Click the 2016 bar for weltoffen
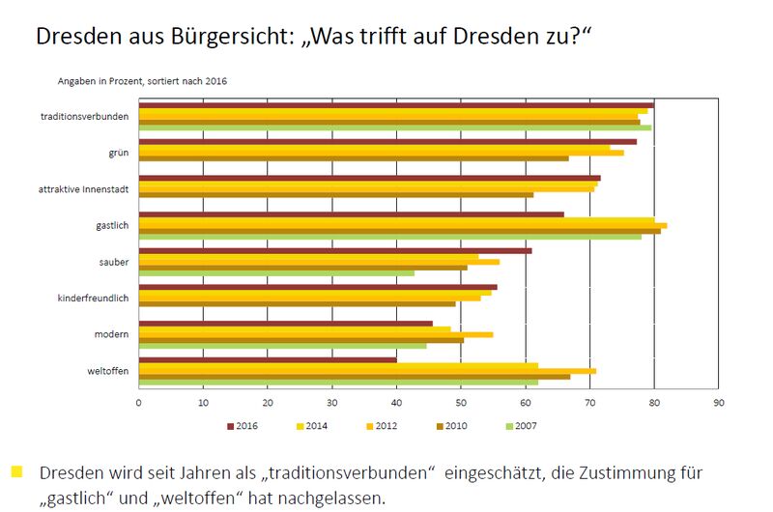pyautogui.click(x=268, y=360)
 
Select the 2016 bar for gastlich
pyautogui.click(x=351, y=214)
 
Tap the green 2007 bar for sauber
pyautogui.click(x=276, y=273)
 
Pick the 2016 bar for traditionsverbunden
pyautogui.click(x=396, y=104)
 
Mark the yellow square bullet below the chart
pyautogui.click(x=16, y=472)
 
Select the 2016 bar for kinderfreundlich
pyautogui.click(x=318, y=287)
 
